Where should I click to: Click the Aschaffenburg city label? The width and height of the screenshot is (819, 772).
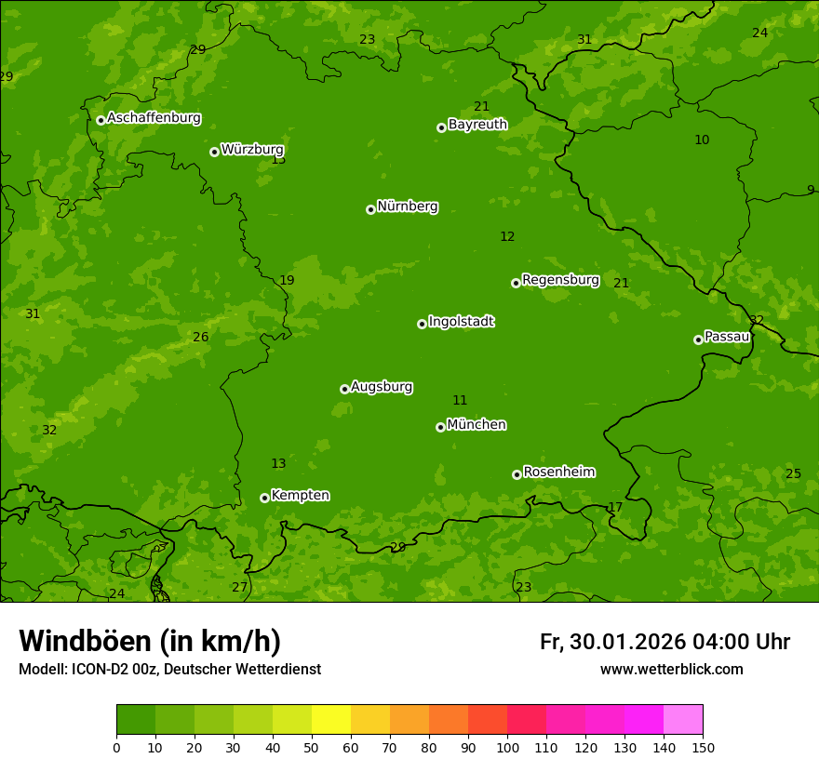pos(154,118)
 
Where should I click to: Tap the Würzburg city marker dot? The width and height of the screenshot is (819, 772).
pos(214,152)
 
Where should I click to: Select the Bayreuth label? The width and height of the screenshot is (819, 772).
pos(477,125)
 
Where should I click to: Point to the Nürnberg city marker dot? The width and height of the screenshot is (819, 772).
pos(370,209)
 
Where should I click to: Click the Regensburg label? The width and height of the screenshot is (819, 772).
pos(560,280)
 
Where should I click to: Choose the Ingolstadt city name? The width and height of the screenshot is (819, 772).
pos(461,322)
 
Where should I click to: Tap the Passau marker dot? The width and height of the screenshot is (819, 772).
pos(698,339)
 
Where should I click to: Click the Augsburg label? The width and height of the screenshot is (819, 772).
pos(382,387)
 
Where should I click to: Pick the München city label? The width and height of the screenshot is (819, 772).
pos(477,425)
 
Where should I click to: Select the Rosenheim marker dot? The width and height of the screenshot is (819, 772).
pos(517,474)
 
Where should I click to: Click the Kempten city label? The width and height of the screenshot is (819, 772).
pos(300,496)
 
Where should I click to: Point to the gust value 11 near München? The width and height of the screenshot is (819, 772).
pos(460,401)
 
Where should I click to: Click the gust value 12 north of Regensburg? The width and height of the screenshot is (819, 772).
pos(507,237)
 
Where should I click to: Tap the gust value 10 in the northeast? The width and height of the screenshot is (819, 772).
pos(702,140)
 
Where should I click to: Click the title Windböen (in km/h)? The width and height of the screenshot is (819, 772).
pos(150,641)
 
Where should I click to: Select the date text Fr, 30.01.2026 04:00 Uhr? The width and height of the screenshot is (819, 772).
pos(665,642)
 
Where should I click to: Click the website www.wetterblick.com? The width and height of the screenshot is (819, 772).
pos(671,670)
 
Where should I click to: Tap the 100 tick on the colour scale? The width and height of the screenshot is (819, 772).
pos(507,747)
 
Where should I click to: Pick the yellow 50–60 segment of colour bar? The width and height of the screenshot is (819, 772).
pos(331,720)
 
